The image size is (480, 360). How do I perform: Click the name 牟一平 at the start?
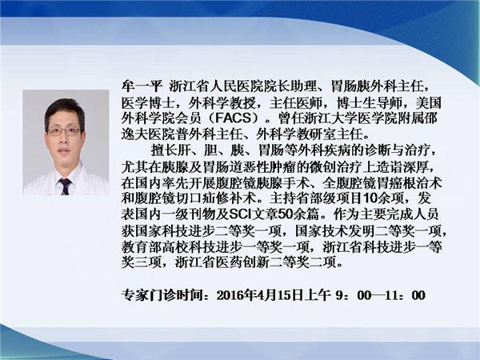tap(142, 86)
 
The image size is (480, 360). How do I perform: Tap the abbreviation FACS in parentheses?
tap(234, 118)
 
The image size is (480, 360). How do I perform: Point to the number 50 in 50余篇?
tap(286, 214)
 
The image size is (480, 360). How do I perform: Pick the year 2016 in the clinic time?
tap(228, 295)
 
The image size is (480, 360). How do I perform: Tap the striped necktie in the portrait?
tap(65, 186)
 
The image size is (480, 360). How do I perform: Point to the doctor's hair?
tap(65, 111)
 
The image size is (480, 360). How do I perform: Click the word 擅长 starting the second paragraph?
tap(164, 150)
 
